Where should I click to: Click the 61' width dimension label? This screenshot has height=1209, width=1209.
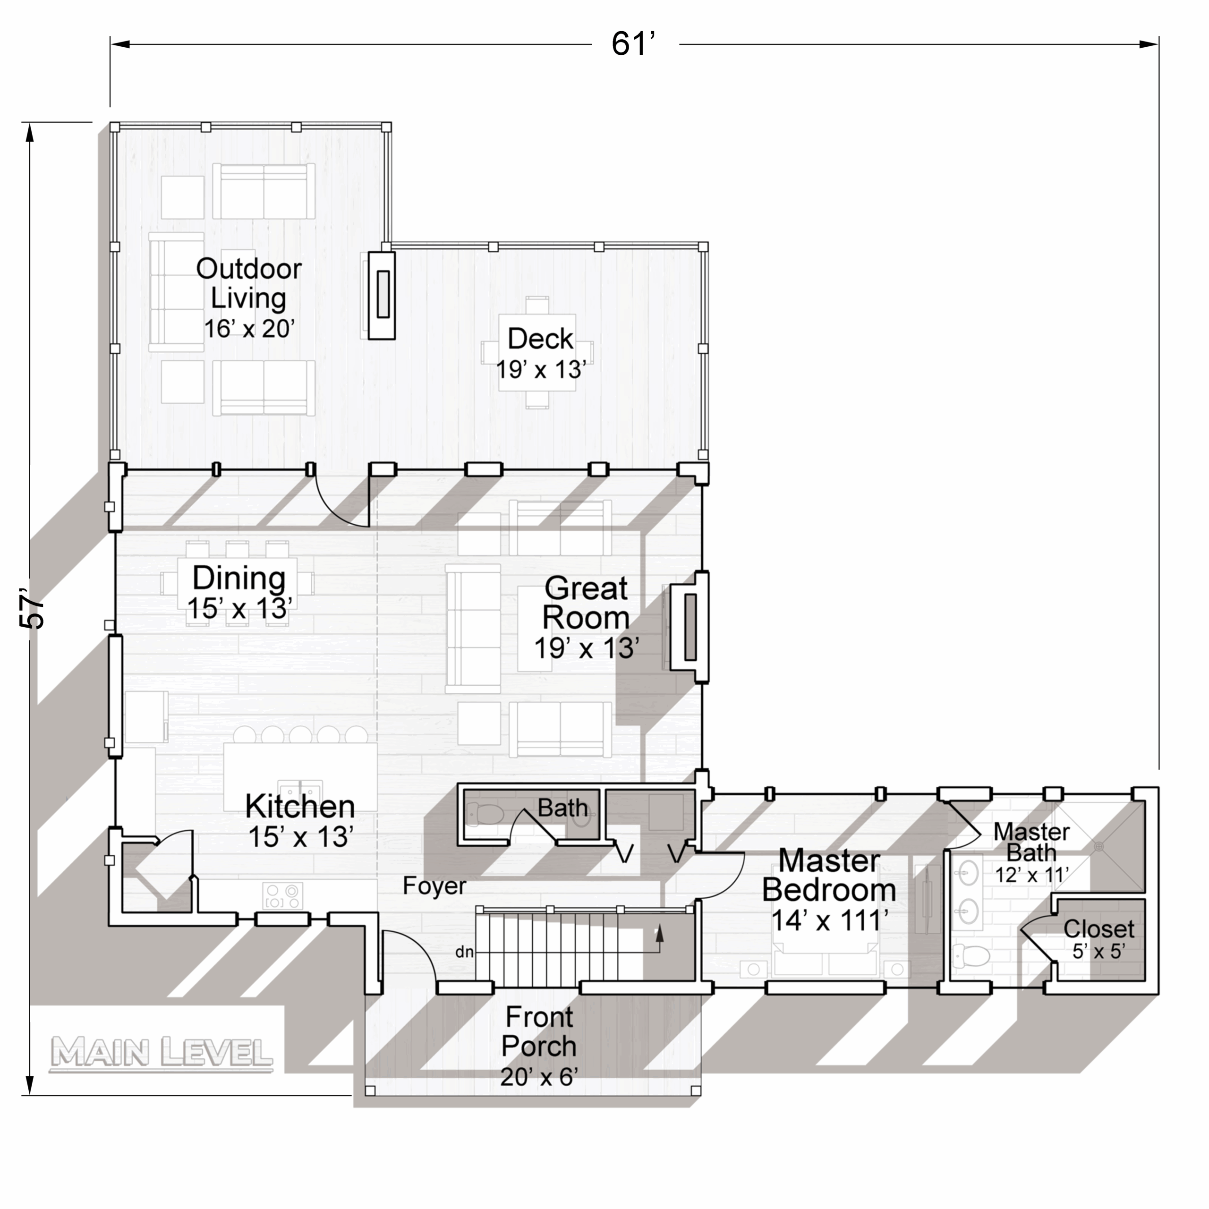(633, 44)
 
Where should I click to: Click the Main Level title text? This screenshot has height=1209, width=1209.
(162, 1053)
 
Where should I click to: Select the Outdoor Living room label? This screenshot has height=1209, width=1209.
(249, 298)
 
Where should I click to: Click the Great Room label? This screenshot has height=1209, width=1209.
(587, 618)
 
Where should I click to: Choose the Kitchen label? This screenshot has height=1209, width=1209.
(300, 821)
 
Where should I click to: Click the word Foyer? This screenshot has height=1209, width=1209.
(434, 886)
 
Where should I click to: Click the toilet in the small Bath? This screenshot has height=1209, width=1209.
(485, 815)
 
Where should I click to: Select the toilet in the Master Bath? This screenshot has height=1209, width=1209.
(971, 955)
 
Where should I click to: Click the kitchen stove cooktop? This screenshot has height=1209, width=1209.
(283, 895)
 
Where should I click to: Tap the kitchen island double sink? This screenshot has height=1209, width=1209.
(300, 787)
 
